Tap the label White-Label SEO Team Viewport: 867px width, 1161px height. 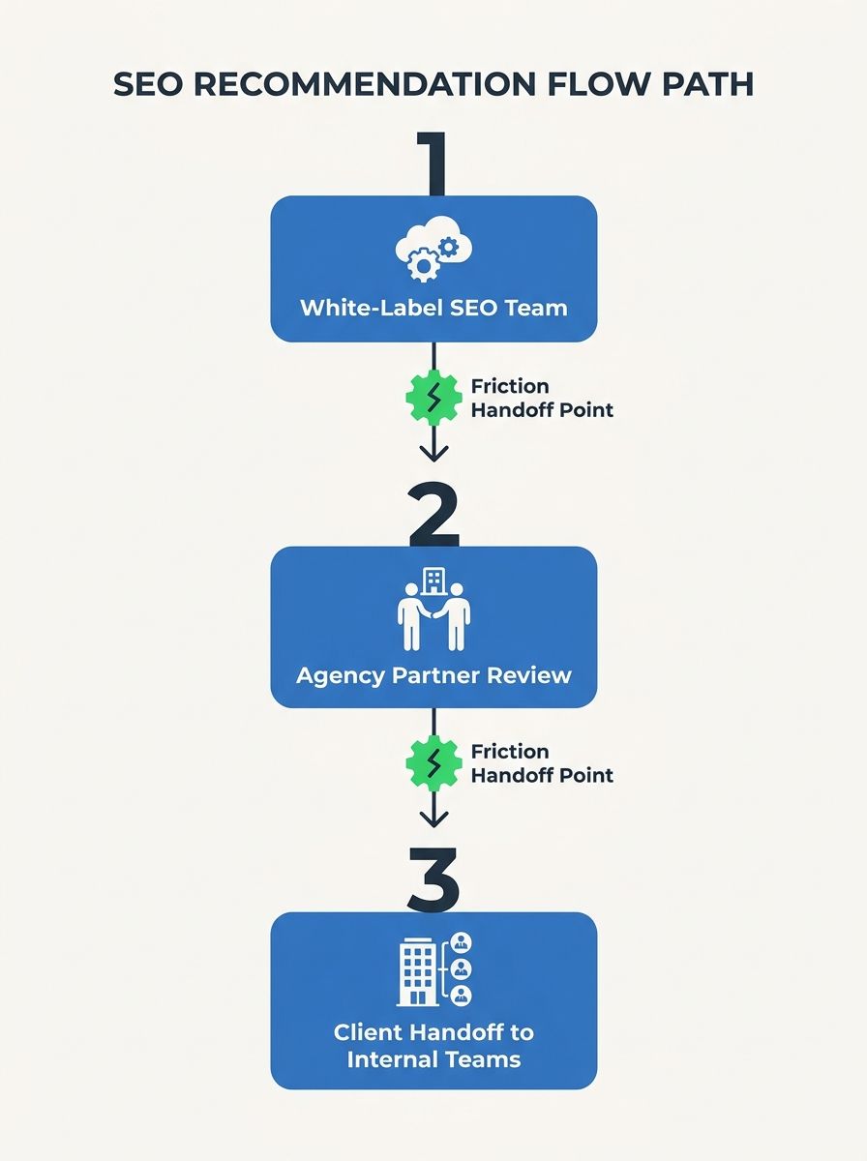point(433,308)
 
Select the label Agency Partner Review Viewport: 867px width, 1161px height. point(433,673)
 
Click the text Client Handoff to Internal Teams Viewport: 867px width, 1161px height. point(433,1045)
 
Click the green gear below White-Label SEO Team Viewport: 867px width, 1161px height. point(433,397)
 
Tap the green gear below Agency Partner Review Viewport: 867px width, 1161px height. point(433,762)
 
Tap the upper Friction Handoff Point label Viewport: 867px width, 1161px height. point(542,398)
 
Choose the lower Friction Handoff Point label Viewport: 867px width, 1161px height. point(542,763)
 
